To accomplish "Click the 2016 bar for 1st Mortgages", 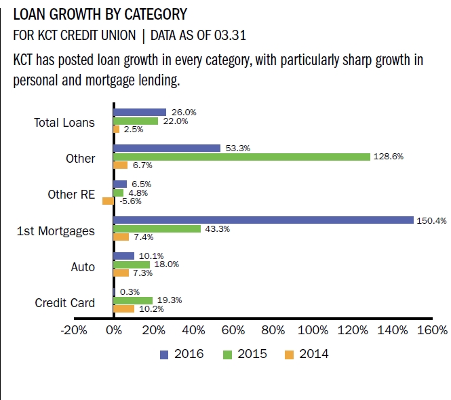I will (263, 220).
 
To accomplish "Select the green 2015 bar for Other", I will (241, 157).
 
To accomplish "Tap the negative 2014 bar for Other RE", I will (108, 201).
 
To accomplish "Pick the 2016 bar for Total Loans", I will (140, 112).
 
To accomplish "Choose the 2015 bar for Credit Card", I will (133, 300).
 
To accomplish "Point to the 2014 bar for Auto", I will (121, 273).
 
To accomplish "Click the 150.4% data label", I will (431, 220).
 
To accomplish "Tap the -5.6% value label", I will (130, 201).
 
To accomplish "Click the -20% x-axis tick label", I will (73, 331).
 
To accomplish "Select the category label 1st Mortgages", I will (56, 231).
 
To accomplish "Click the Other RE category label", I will (71, 195).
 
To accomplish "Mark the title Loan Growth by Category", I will (100, 14).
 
